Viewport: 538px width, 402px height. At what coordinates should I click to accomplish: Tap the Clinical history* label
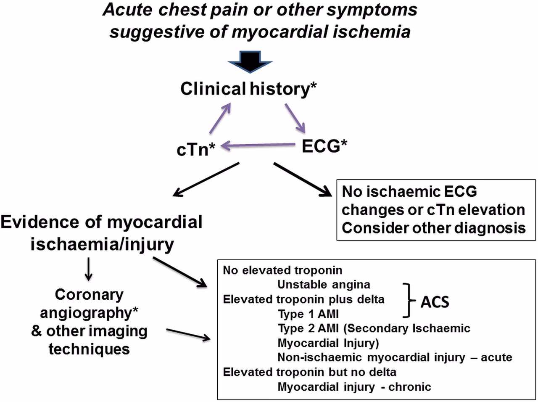click(248, 89)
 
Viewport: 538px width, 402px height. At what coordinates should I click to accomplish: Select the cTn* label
click(196, 149)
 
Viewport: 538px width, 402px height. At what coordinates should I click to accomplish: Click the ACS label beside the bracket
click(435, 301)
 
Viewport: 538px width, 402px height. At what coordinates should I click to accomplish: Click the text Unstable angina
click(324, 285)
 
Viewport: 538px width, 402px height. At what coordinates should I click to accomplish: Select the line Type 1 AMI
click(308, 314)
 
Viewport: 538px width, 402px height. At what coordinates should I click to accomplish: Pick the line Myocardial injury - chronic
click(354, 386)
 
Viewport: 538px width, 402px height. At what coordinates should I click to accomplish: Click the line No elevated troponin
click(282, 270)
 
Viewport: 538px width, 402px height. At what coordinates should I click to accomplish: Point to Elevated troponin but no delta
click(309, 372)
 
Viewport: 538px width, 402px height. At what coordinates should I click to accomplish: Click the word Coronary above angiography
click(89, 294)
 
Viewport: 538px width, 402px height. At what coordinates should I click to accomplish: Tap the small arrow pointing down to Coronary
click(89, 270)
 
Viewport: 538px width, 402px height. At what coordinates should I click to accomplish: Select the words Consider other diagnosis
click(433, 228)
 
